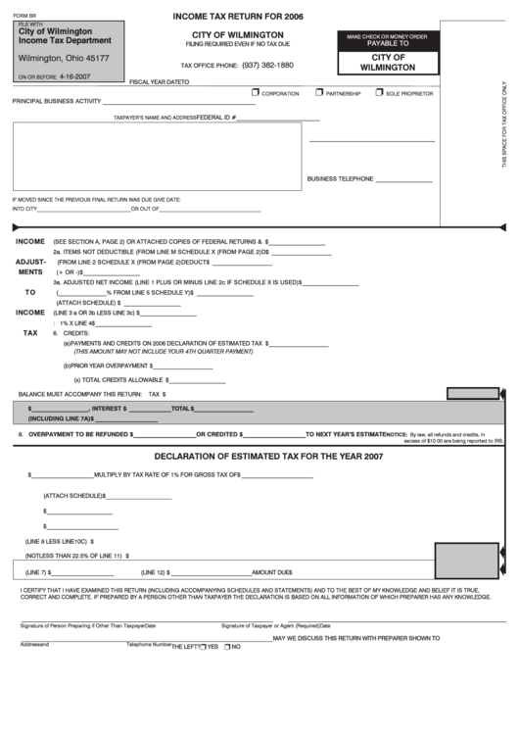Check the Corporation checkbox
click(255, 92)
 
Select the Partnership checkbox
click(319, 92)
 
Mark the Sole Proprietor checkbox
click(378, 92)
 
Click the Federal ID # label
click(216, 117)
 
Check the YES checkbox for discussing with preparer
click(202, 646)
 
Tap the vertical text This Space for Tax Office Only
click(504, 127)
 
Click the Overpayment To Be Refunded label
click(78, 433)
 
